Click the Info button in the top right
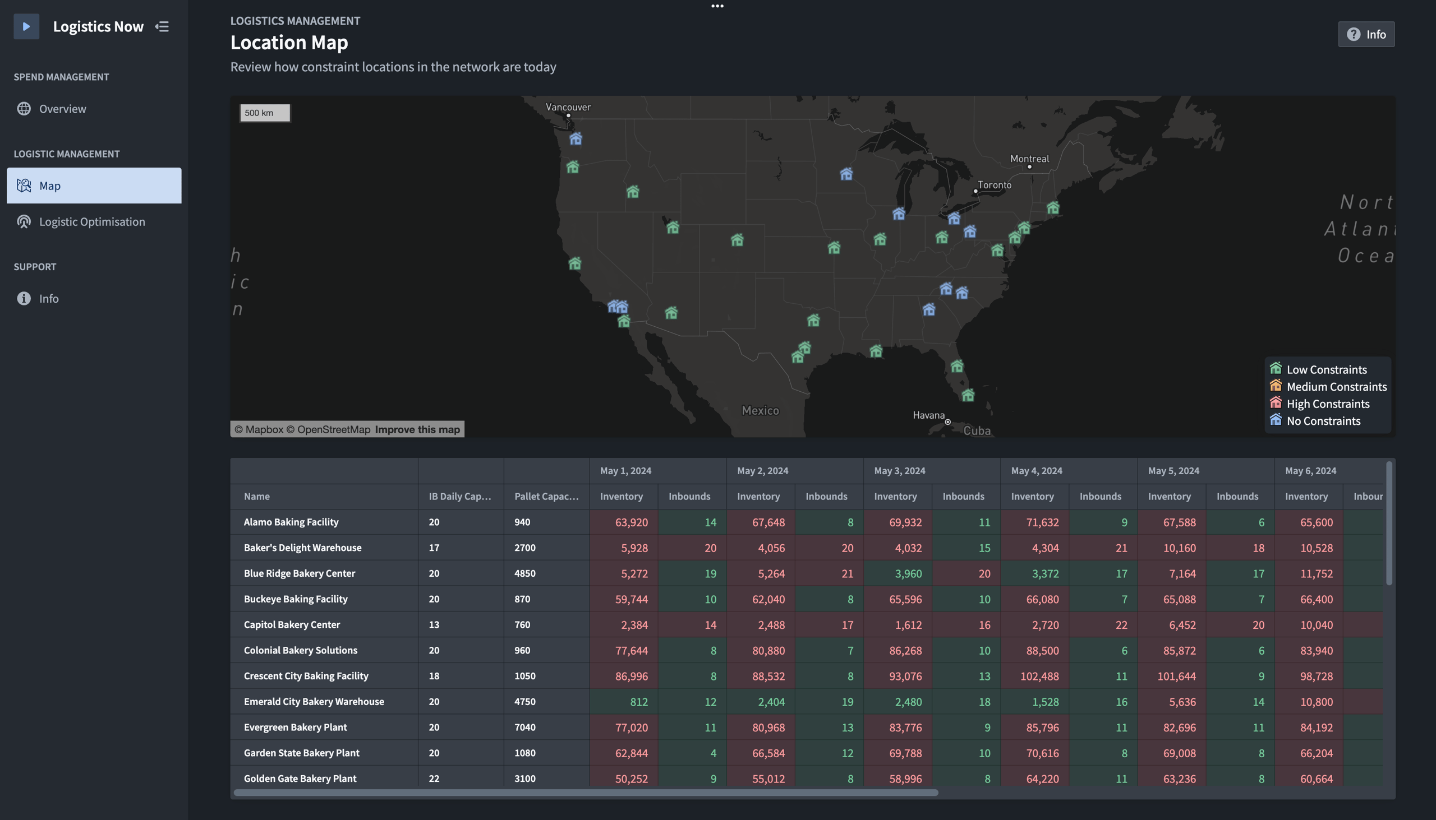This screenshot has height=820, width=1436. click(x=1365, y=34)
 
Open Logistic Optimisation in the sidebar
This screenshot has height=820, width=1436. click(x=92, y=221)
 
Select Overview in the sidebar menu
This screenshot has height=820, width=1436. click(x=63, y=109)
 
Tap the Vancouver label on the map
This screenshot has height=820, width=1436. click(x=568, y=107)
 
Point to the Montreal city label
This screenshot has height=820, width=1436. click(x=1029, y=159)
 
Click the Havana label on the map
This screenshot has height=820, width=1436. click(x=928, y=415)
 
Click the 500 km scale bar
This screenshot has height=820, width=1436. click(x=264, y=113)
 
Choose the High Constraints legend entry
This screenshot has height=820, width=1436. click(x=1327, y=404)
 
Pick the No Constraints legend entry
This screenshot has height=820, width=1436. click(x=1323, y=421)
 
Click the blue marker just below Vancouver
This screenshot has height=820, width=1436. click(x=576, y=138)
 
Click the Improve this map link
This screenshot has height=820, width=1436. click(x=417, y=430)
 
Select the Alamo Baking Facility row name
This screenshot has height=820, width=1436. click(x=291, y=522)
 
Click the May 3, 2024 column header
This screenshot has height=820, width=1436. click(x=900, y=471)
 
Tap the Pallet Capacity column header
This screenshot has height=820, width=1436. click(x=546, y=496)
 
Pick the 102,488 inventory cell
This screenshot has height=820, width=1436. click(x=1039, y=676)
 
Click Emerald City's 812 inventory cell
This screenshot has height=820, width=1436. click(x=638, y=702)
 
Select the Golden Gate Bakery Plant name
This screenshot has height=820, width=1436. click(x=300, y=779)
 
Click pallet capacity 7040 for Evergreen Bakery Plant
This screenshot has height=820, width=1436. click(x=524, y=727)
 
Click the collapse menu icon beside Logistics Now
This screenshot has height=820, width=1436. click(x=162, y=26)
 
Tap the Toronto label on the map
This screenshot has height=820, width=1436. click(x=994, y=185)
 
